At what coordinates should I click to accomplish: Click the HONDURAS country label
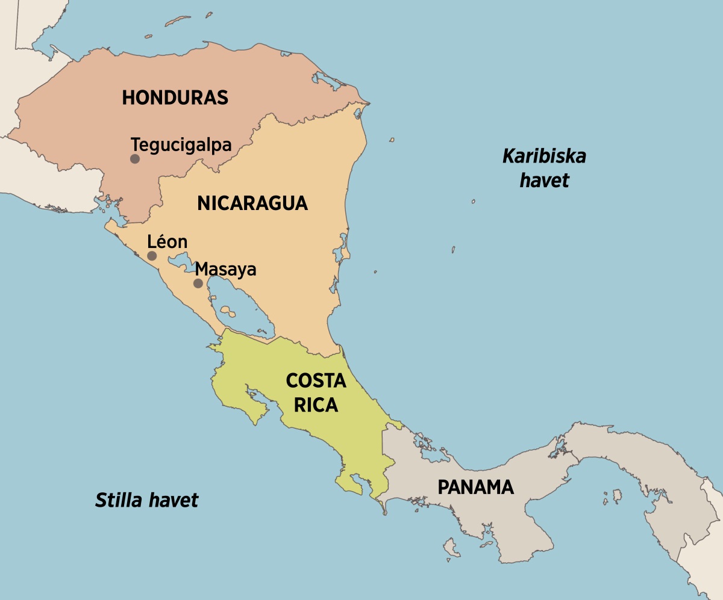coord(175,97)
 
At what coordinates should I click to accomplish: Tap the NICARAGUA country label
coord(252,203)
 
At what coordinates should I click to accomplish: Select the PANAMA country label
coord(475,487)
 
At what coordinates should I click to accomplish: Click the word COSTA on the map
coord(316,381)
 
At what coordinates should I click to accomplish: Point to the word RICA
coord(316,406)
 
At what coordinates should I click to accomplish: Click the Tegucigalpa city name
coord(181,145)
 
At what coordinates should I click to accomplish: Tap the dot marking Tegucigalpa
coord(135,159)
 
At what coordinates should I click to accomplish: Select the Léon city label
coord(167,242)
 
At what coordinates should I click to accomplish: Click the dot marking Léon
coord(152,256)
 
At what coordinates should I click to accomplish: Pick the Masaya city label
coord(226,269)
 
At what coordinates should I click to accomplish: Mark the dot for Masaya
coord(198,283)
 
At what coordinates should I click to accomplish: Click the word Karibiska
coord(544,157)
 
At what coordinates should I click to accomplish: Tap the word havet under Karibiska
coord(544,181)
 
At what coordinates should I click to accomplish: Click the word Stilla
coord(118,500)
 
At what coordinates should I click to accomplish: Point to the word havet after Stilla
coord(175,500)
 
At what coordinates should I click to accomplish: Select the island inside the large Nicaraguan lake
coord(227,311)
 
